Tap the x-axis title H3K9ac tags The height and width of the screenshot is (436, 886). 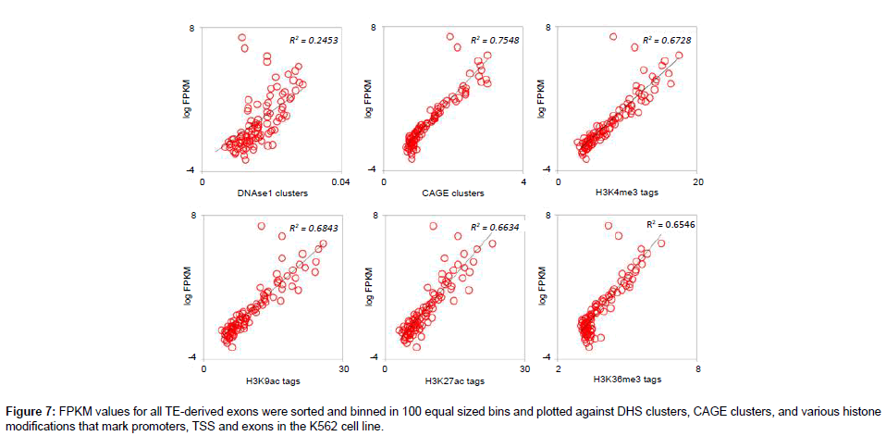[x=272, y=380]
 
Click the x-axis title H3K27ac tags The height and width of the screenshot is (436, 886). [x=453, y=380]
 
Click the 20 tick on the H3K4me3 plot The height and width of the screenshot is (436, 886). [x=697, y=182]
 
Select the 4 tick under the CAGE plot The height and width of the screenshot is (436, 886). [x=523, y=182]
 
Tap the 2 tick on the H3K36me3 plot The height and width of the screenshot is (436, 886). [x=558, y=369]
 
